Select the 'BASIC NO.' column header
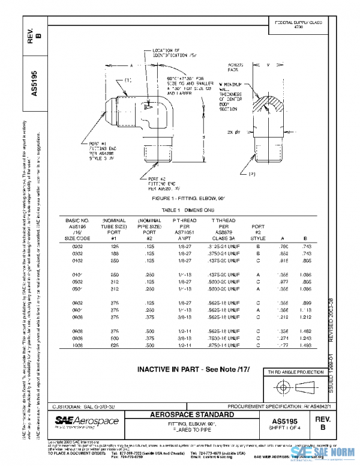click(x=77, y=221)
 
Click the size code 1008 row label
click(x=77, y=346)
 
